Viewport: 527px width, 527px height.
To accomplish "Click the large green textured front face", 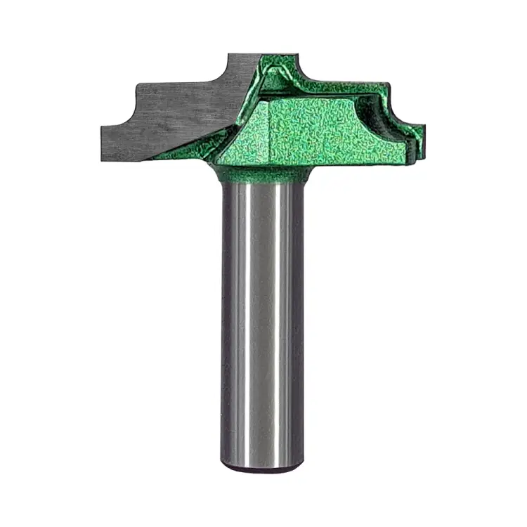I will (316, 134).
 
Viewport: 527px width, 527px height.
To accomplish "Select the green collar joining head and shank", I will (262, 174).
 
